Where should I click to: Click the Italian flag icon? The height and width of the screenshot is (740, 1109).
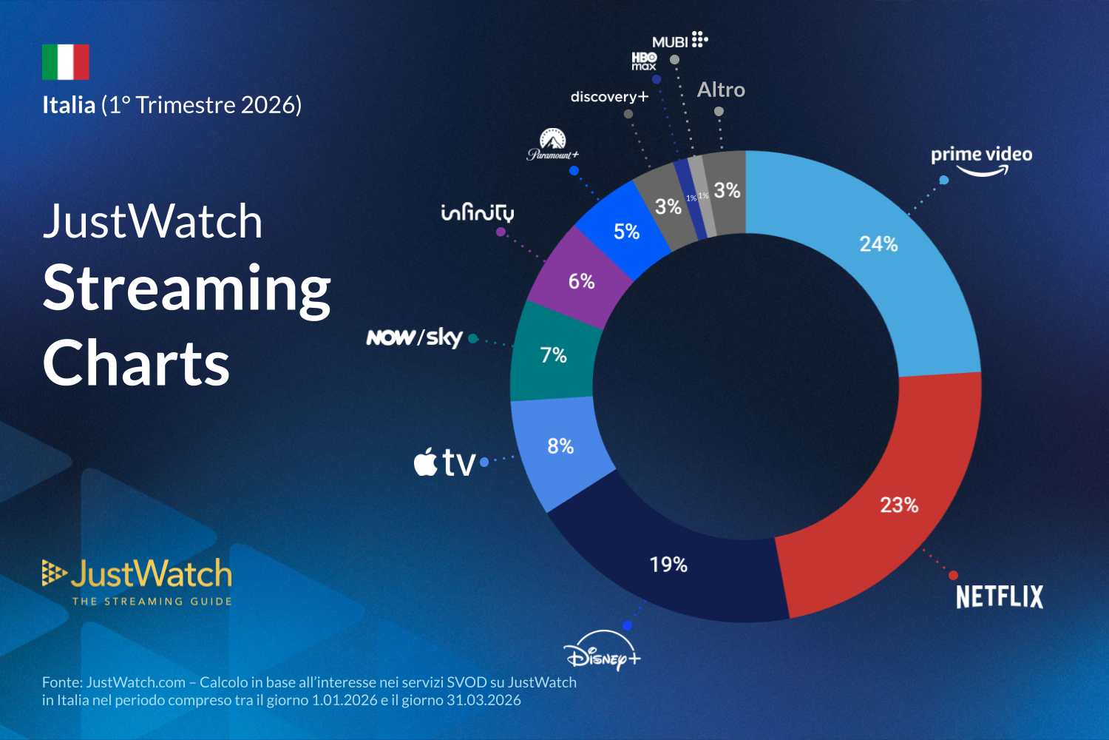tap(66, 62)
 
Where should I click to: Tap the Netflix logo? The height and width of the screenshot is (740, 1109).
tap(999, 597)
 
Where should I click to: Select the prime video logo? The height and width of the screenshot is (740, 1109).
tap(981, 159)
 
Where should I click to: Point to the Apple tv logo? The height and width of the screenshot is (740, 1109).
tap(444, 462)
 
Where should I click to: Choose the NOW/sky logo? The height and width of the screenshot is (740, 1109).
tap(415, 337)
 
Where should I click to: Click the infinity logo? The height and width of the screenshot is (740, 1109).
tap(478, 213)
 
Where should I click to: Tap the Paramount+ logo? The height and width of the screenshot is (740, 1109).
tap(552, 144)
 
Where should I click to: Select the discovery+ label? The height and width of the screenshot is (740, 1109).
tap(609, 97)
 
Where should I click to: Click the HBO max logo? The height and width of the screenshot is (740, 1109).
tap(644, 61)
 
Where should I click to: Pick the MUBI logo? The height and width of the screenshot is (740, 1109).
tap(679, 41)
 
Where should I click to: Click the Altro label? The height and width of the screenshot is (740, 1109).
tap(721, 90)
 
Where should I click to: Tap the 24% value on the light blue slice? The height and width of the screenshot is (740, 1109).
tap(878, 244)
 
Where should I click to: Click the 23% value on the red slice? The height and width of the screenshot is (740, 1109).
tap(899, 505)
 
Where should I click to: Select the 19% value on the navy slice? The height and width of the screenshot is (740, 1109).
tap(668, 565)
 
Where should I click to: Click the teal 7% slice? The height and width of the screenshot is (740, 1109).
tap(553, 355)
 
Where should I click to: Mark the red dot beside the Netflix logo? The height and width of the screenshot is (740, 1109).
tap(953, 575)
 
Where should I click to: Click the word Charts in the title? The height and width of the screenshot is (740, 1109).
tap(137, 363)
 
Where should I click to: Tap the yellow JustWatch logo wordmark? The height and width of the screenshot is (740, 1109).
tap(152, 574)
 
